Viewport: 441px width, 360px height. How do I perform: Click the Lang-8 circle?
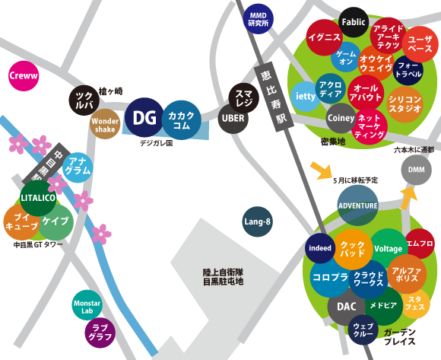[x=258, y=222]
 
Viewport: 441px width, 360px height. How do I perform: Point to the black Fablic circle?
[x=354, y=23]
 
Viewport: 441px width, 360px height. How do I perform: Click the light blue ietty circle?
[x=305, y=97]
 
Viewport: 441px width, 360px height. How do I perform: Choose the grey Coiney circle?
[x=341, y=118]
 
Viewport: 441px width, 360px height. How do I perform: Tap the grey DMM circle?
[x=416, y=169]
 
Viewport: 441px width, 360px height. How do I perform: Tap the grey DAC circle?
[x=346, y=307]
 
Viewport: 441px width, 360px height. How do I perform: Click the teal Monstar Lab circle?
[x=87, y=306]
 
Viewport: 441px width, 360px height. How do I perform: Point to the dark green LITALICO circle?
[x=38, y=197]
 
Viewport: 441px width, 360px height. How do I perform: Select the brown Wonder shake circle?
[x=105, y=125]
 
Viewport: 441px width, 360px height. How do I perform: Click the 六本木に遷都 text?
[x=414, y=150]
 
